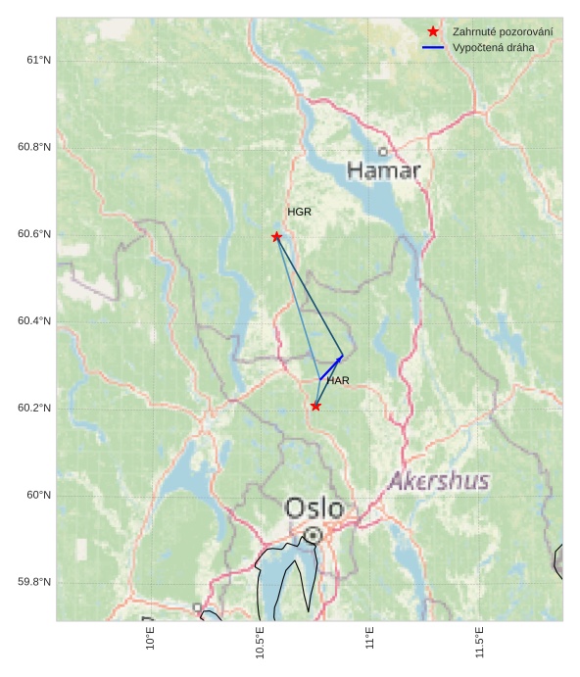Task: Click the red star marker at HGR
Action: pos(276,236)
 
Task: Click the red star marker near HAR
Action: pos(315,406)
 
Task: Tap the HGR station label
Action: pos(299,212)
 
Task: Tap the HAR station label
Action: pos(338,380)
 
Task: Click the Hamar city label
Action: pos(384,171)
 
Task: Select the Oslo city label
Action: pos(314,508)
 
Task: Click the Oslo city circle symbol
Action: pos(313,536)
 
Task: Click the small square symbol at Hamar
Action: pos(383,151)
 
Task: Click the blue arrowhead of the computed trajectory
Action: pos(340,359)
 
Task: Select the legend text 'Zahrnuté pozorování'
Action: pos(502,32)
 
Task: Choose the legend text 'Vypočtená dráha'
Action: pos(494,47)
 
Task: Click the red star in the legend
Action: pos(433,32)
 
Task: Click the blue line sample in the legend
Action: pos(433,47)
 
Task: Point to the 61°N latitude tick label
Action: pos(38,61)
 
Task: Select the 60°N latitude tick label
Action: pos(38,495)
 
